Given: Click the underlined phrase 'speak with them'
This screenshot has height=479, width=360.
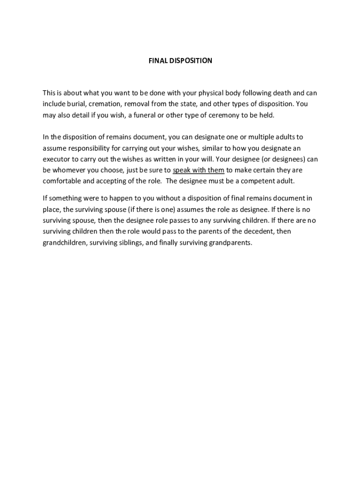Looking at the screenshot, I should tap(199, 170).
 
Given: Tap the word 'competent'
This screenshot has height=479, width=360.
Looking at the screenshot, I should tap(253, 181).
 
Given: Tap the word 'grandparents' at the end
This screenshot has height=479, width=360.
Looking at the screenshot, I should tap(230, 243).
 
